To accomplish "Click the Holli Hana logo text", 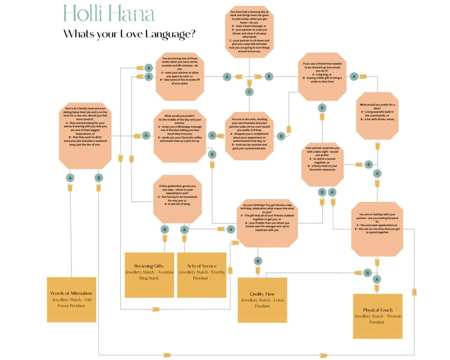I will [x=109, y=14].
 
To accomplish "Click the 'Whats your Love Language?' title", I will [x=129, y=34].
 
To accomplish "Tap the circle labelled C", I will [x=249, y=92].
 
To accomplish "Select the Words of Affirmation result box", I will [x=72, y=299].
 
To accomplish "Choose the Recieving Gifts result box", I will [x=149, y=275].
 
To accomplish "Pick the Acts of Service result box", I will [x=202, y=275].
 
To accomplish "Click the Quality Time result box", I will [x=262, y=300].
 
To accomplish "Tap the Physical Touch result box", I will [x=378, y=316].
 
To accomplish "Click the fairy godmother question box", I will [x=177, y=198].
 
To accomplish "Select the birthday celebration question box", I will [x=267, y=223].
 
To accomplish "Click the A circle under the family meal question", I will [x=70, y=178].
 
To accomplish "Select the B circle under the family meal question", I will [x=98, y=178].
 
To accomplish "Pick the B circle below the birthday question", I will [x=258, y=261].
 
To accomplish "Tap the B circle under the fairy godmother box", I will [x=165, y=229].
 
